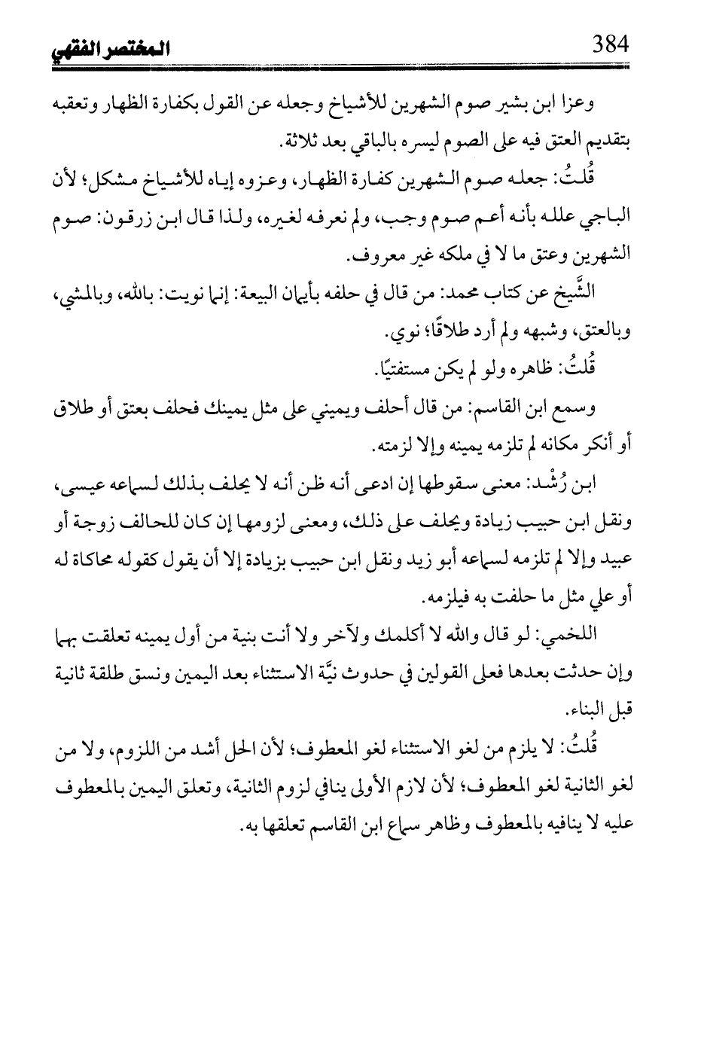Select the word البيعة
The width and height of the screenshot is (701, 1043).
coord(297,295)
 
